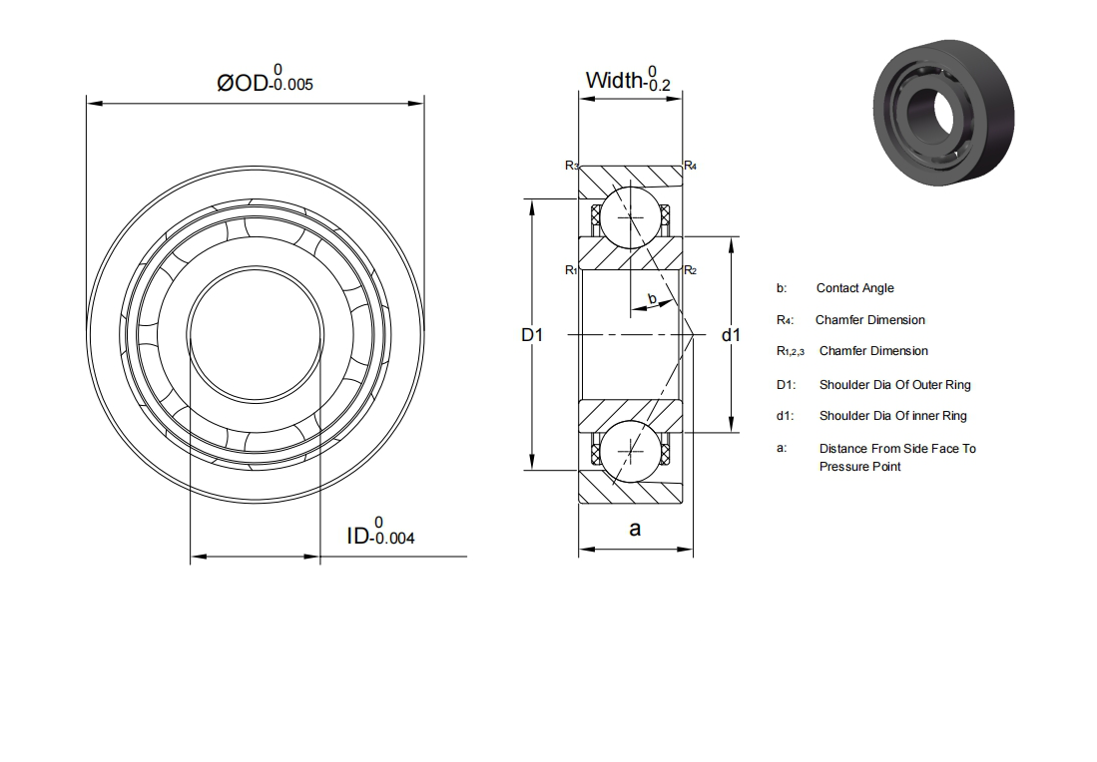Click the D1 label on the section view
pos(532,335)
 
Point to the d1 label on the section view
pos(731,335)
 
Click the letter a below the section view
pos(635,530)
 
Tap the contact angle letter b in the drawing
pos(652,298)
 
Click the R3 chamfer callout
pos(572,166)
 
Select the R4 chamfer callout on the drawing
pos(690,166)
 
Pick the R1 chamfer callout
pos(571,270)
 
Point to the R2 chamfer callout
pos(690,270)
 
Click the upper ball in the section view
pos(631,218)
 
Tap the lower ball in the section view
pos(631,451)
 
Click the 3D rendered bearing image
pos(944,112)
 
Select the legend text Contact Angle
pos(854,288)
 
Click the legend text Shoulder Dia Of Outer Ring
pos(894,385)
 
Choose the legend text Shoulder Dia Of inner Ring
pos(892,416)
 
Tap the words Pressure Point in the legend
pos(859,467)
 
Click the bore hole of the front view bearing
pos(256,334)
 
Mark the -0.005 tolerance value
pos(291,85)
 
